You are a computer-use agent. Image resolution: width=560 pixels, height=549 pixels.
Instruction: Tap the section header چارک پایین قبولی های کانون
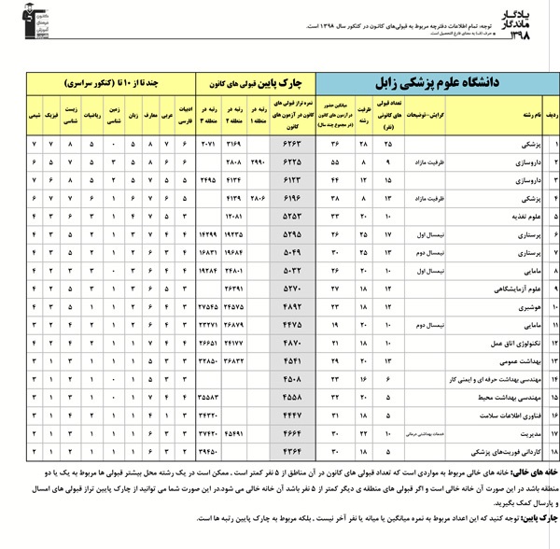point(253,83)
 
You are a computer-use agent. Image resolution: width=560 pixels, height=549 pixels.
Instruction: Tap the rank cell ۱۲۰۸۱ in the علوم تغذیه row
point(233,214)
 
